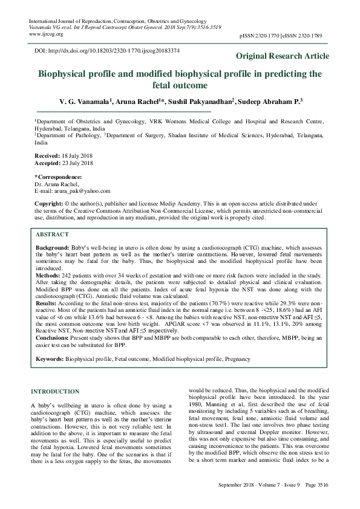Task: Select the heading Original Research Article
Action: (282, 56)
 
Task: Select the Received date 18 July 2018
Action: (77, 155)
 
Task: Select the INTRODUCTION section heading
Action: (58, 391)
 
